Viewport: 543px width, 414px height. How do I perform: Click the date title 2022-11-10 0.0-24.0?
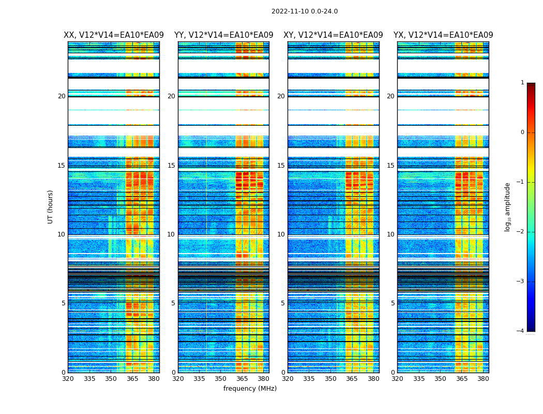tap(304, 11)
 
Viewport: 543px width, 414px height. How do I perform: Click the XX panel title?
tap(114, 35)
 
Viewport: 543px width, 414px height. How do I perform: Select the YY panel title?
tap(223, 35)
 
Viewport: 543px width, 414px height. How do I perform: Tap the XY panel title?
tap(333, 35)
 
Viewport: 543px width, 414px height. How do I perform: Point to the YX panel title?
tap(443, 35)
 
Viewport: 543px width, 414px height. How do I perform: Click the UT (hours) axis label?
tap(50, 206)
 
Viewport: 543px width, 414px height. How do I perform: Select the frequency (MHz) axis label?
tap(250, 389)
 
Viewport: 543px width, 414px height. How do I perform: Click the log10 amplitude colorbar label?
tap(508, 206)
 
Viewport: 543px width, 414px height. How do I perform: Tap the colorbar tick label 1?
tap(522, 83)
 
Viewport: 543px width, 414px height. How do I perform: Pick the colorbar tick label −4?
tap(521, 331)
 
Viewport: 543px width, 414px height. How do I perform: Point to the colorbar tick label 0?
tap(522, 132)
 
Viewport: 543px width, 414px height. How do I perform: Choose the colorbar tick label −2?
tap(521, 232)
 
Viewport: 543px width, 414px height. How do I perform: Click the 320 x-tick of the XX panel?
tap(68, 379)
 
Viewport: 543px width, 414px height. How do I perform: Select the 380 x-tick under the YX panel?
tap(483, 379)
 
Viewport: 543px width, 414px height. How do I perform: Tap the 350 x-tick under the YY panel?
tap(221, 379)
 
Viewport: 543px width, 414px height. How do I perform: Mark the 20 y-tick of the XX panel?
tap(62, 96)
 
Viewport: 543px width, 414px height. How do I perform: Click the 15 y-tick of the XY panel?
tap(281, 166)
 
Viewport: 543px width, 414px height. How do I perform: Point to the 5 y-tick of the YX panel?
tap(393, 303)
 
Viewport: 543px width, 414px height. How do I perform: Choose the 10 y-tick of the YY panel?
tap(171, 234)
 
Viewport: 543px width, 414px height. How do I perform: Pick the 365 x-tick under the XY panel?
tap(352, 379)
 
